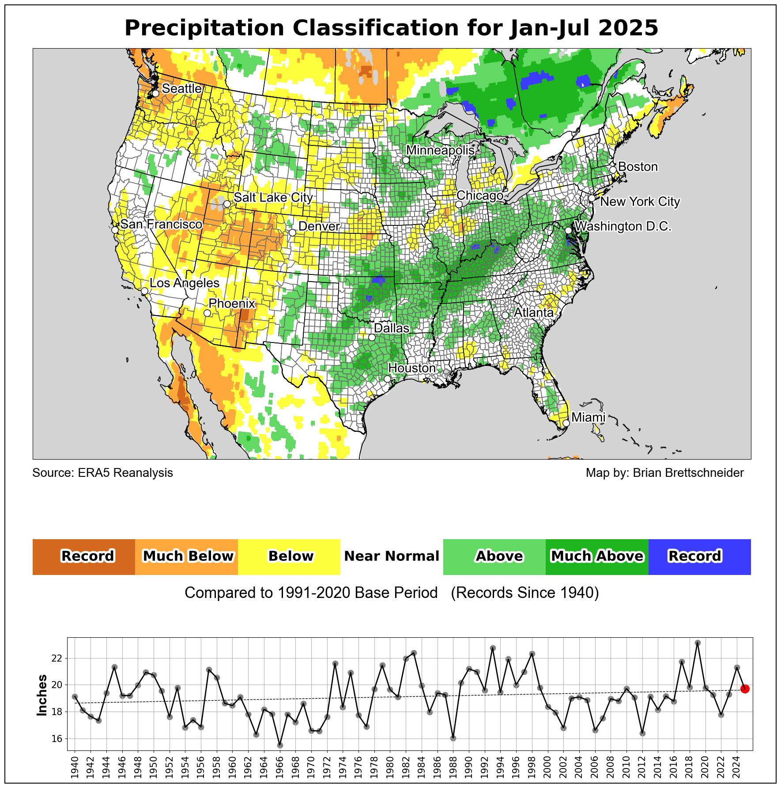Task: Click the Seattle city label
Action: click(181, 89)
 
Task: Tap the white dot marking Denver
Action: click(292, 233)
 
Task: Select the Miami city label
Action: click(588, 418)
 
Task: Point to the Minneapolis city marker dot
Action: click(406, 160)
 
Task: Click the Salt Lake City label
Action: click(273, 198)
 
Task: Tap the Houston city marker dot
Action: click(387, 379)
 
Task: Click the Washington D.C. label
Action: click(623, 226)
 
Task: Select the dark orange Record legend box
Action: click(84, 556)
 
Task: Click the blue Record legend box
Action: click(699, 556)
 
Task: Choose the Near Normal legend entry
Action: click(392, 556)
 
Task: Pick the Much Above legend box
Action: click(597, 556)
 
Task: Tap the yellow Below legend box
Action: click(289, 556)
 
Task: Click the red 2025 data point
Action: click(745, 689)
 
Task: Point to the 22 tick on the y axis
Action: click(57, 659)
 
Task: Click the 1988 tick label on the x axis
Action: click(453, 765)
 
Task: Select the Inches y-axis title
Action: click(42, 695)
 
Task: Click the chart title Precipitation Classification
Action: click(391, 28)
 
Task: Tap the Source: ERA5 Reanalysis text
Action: click(103, 473)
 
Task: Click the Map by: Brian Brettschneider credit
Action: click(664, 473)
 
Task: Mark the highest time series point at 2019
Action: click(698, 643)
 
